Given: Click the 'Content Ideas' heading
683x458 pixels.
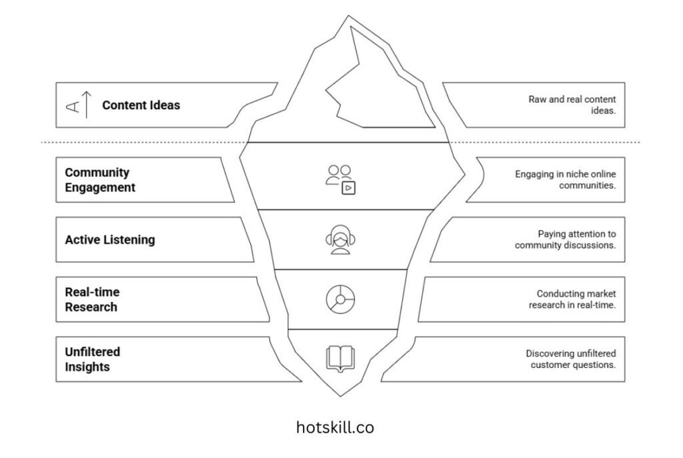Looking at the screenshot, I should click(x=141, y=105).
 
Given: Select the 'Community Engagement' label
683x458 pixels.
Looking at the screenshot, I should click(x=99, y=180).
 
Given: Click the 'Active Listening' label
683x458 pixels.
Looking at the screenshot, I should click(x=109, y=239).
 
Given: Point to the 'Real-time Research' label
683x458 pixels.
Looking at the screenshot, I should click(x=92, y=299).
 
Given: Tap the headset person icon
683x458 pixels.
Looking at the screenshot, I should click(x=340, y=241).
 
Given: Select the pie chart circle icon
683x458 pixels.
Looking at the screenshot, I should click(x=340, y=299).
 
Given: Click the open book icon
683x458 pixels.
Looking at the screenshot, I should click(x=340, y=358).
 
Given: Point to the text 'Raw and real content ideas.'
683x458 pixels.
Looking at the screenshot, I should click(x=572, y=105).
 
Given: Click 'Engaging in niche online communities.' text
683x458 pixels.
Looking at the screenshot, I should click(x=565, y=180).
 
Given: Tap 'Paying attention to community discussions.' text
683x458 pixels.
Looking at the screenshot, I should click(x=565, y=239).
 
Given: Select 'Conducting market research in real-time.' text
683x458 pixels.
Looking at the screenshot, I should click(x=572, y=299).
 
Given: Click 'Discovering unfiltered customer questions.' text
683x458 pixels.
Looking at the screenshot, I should click(x=570, y=359).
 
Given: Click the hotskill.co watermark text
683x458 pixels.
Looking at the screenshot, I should click(x=335, y=427).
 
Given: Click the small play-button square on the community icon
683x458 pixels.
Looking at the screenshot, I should click(x=348, y=188).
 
